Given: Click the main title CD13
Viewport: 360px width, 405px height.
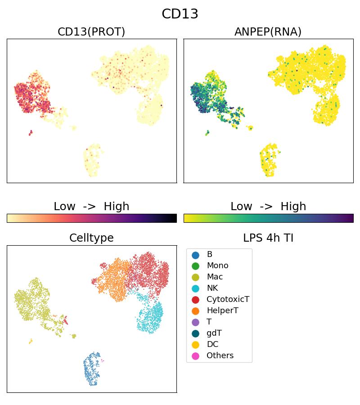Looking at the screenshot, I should [x=180, y=14].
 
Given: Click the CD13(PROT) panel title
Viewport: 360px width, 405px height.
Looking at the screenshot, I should [x=91, y=32].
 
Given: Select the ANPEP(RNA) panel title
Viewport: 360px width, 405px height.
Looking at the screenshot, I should [x=268, y=32].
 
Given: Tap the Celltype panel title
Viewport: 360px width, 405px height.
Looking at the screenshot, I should [x=91, y=238].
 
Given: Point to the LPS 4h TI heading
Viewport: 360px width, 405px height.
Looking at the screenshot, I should [x=268, y=238].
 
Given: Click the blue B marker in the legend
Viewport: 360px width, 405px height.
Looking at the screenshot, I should [x=195, y=255].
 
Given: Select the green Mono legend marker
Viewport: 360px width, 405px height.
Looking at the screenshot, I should [x=195, y=266].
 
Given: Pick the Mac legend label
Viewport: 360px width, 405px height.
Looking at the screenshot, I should [x=215, y=277].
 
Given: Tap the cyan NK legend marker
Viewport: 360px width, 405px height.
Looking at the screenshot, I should [x=195, y=288].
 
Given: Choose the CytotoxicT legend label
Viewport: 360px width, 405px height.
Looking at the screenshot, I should [x=228, y=300].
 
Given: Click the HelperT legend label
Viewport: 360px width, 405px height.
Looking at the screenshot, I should [x=222, y=311].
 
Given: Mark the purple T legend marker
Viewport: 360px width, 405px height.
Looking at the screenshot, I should [x=195, y=322].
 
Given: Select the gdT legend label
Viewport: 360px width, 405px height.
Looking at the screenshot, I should [x=214, y=333].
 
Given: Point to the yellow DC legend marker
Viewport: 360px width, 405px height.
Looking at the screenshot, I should [x=195, y=345].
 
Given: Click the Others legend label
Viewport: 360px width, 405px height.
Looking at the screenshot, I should [x=220, y=356].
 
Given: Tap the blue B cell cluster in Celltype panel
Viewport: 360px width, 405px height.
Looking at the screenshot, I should [x=92, y=369].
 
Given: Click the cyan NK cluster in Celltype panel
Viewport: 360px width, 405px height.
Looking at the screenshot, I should [x=151, y=317].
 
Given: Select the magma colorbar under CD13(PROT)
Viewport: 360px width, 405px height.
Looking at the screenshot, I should [x=92, y=218].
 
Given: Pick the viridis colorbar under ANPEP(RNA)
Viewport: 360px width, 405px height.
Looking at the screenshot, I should [x=269, y=218].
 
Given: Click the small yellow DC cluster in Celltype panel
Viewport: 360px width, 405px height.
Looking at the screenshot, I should [x=31, y=341].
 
